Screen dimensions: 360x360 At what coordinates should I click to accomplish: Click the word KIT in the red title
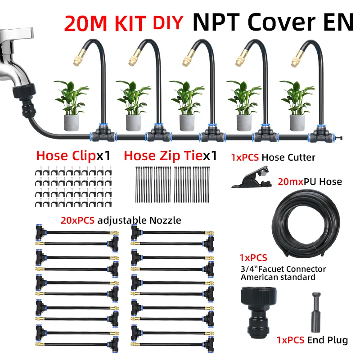click(130, 23)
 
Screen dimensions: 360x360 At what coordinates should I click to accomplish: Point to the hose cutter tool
click(252, 177)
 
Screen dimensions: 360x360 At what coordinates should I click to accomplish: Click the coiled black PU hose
click(306, 223)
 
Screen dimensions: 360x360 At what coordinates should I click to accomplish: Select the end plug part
click(316, 312)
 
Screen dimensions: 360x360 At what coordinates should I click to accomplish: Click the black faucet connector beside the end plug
click(258, 312)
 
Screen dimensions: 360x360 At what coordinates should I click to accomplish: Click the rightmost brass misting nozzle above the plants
click(297, 60)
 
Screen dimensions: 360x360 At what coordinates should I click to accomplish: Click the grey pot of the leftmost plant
click(71, 123)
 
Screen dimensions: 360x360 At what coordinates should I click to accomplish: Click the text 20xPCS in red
click(77, 220)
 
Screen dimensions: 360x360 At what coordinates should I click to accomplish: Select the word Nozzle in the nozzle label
click(165, 220)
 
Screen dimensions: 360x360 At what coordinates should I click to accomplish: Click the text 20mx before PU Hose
click(290, 182)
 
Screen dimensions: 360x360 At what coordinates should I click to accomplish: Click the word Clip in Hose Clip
click(84, 156)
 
